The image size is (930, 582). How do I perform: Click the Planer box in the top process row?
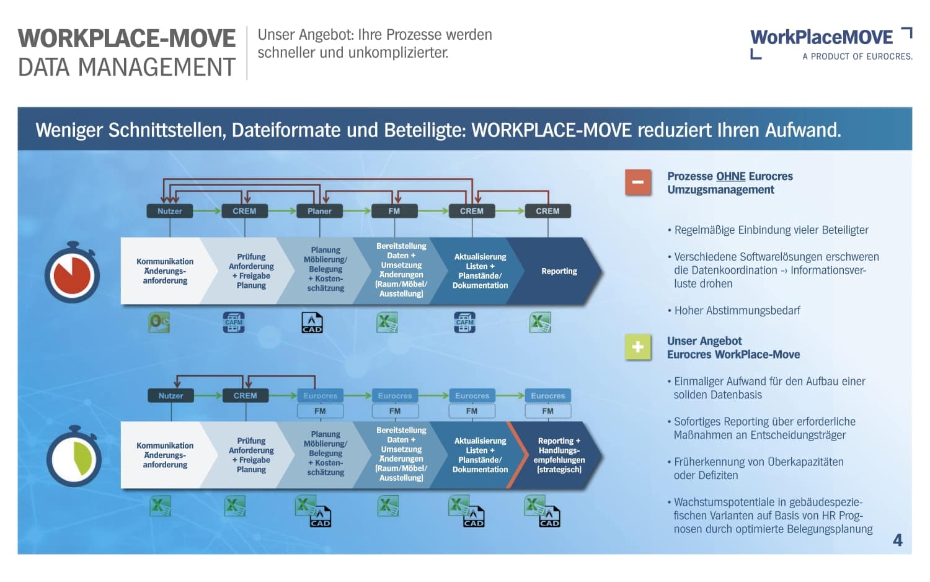pos(319,211)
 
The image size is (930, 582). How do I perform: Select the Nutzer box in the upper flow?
pos(169,211)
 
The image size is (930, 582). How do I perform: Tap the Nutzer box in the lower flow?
pos(170,395)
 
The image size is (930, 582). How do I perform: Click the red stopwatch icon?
pos(72,274)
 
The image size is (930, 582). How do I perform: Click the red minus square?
pos(638,182)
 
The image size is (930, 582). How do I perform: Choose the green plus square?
pos(638,347)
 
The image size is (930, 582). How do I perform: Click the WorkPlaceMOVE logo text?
pos(821,38)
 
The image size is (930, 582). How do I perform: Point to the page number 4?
pos(897,540)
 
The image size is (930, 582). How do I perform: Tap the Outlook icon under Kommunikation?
pos(159,322)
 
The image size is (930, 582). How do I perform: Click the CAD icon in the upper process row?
pos(312,323)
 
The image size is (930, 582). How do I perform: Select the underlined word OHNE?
pos(730,176)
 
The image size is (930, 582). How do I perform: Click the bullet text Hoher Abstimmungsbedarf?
pos(737,310)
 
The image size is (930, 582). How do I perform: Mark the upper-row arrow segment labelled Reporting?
pos(559,271)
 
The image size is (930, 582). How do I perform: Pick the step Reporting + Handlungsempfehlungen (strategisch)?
pos(559,455)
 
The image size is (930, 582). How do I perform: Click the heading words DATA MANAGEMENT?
pos(126,67)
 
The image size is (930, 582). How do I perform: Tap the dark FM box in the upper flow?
pos(394,211)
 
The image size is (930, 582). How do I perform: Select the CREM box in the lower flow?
pos(245,395)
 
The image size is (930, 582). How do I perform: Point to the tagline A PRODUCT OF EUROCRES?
pos(857,56)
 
